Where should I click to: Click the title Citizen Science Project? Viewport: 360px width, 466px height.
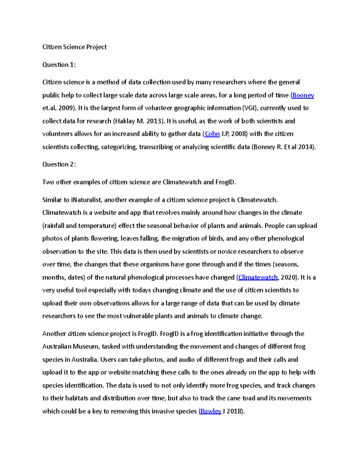pyautogui.click(x=74, y=47)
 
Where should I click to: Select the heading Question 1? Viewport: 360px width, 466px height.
pyautogui.click(x=59, y=65)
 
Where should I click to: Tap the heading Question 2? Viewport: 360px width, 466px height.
pyautogui.click(x=59, y=164)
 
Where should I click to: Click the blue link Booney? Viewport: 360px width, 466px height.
pyautogui.click(x=303, y=95)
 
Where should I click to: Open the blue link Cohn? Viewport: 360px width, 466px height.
pyautogui.click(x=212, y=134)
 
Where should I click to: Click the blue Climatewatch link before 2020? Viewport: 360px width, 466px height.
pyautogui.click(x=258, y=277)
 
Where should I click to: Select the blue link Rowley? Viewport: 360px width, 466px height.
pyautogui.click(x=211, y=411)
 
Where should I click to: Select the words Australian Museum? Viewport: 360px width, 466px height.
pyautogui.click(x=70, y=347)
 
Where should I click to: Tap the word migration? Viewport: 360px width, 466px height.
pyautogui.click(x=186, y=239)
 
